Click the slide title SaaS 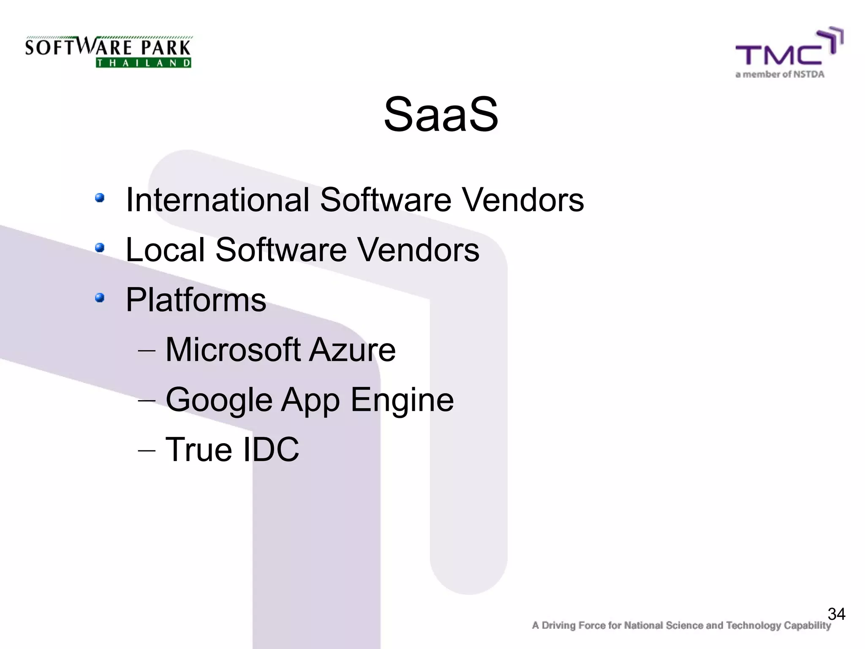coord(441,114)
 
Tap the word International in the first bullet coord(218,199)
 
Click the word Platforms coord(196,300)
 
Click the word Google coord(219,400)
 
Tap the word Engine coord(402,400)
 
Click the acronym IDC coord(266,449)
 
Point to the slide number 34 coord(836,614)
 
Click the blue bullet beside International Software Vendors coord(100,198)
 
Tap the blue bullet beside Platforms coord(100,298)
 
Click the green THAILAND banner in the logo coord(144,63)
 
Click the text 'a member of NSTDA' coord(780,75)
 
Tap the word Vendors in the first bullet coord(522,199)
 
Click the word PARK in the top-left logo coord(166,47)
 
